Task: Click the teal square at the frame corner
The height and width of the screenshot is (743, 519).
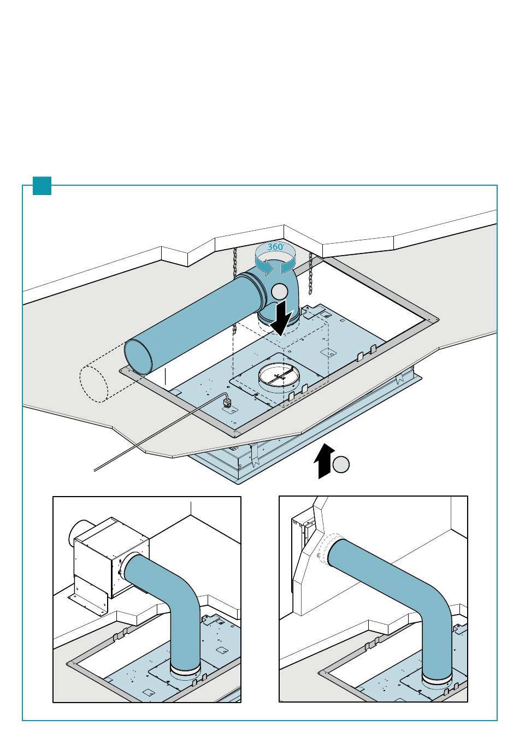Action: pyautogui.click(x=42, y=186)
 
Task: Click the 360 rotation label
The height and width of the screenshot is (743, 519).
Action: pyautogui.click(x=275, y=247)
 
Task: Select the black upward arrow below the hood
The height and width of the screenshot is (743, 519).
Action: pyautogui.click(x=325, y=461)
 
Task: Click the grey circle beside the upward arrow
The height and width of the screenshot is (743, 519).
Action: pyautogui.click(x=341, y=465)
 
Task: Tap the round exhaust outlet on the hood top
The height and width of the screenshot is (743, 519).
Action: pyautogui.click(x=279, y=376)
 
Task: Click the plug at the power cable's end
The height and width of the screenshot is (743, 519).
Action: pyautogui.click(x=228, y=404)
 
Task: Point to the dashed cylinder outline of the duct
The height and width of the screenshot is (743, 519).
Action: pyautogui.click(x=93, y=384)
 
